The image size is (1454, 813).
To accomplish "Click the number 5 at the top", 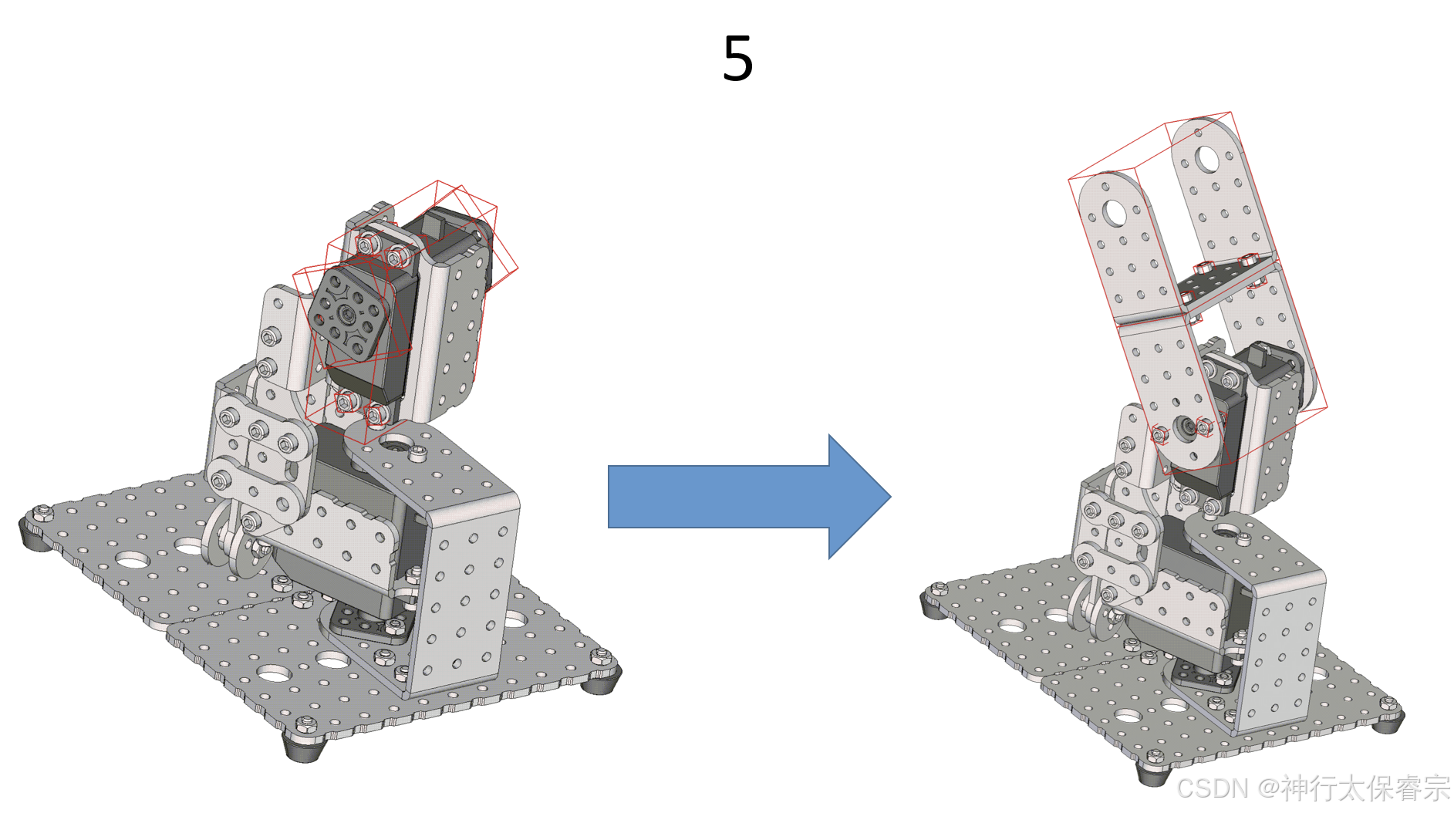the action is [x=737, y=58].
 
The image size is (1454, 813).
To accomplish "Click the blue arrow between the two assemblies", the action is [x=749, y=497].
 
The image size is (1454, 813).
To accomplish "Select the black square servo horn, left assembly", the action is [x=348, y=313].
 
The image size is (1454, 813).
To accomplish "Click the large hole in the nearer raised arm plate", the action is [x=1115, y=212].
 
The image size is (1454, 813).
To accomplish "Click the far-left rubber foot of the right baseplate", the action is [x=935, y=602].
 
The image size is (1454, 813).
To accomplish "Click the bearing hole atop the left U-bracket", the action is [x=397, y=443].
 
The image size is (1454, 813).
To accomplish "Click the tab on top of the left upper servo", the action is [x=432, y=227].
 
